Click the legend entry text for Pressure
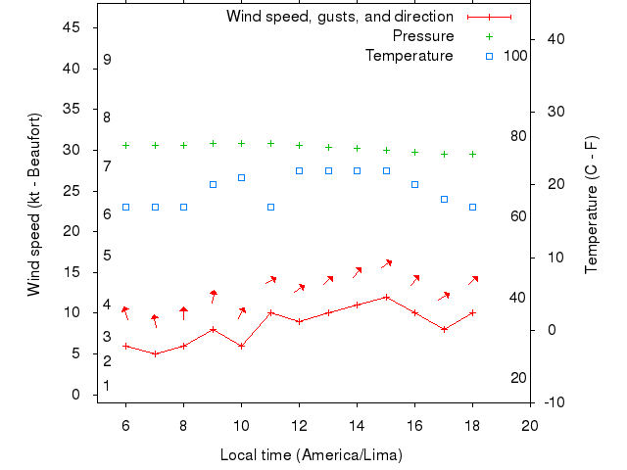point(423,36)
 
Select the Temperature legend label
point(410,56)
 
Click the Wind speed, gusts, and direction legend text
point(340,17)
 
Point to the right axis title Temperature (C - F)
point(592,205)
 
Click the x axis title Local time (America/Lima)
point(312,455)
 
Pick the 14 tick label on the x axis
point(357,425)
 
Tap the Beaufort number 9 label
point(107,60)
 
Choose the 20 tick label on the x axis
point(530,425)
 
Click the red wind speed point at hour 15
point(386,297)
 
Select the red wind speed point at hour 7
point(155,353)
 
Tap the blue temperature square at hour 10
point(241,177)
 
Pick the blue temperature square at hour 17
point(444,199)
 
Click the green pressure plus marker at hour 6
point(125,145)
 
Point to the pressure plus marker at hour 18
point(472,154)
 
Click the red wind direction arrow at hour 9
point(213,297)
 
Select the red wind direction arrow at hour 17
point(444,296)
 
